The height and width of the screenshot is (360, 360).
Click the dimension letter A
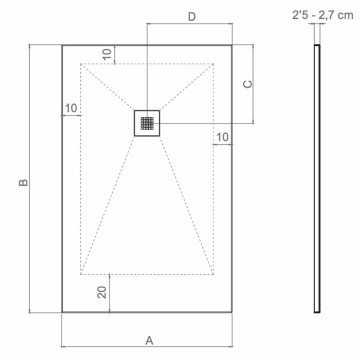tap(149, 341)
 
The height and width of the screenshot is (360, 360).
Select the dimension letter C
tap(248, 85)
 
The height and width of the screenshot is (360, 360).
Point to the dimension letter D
tap(191, 17)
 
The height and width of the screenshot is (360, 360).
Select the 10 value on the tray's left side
tap(71, 107)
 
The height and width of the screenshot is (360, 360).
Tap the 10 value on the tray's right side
tap(221, 136)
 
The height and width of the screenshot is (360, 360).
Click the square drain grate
tap(148, 123)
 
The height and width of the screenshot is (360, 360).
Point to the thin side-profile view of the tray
tap(319, 180)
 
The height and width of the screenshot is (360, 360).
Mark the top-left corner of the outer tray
tap(62, 45)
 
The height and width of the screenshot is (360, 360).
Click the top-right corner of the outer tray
tap(234, 45)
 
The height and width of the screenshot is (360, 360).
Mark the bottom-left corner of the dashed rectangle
tap(80, 273)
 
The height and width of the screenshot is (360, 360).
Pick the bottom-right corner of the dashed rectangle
tap(216, 273)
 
